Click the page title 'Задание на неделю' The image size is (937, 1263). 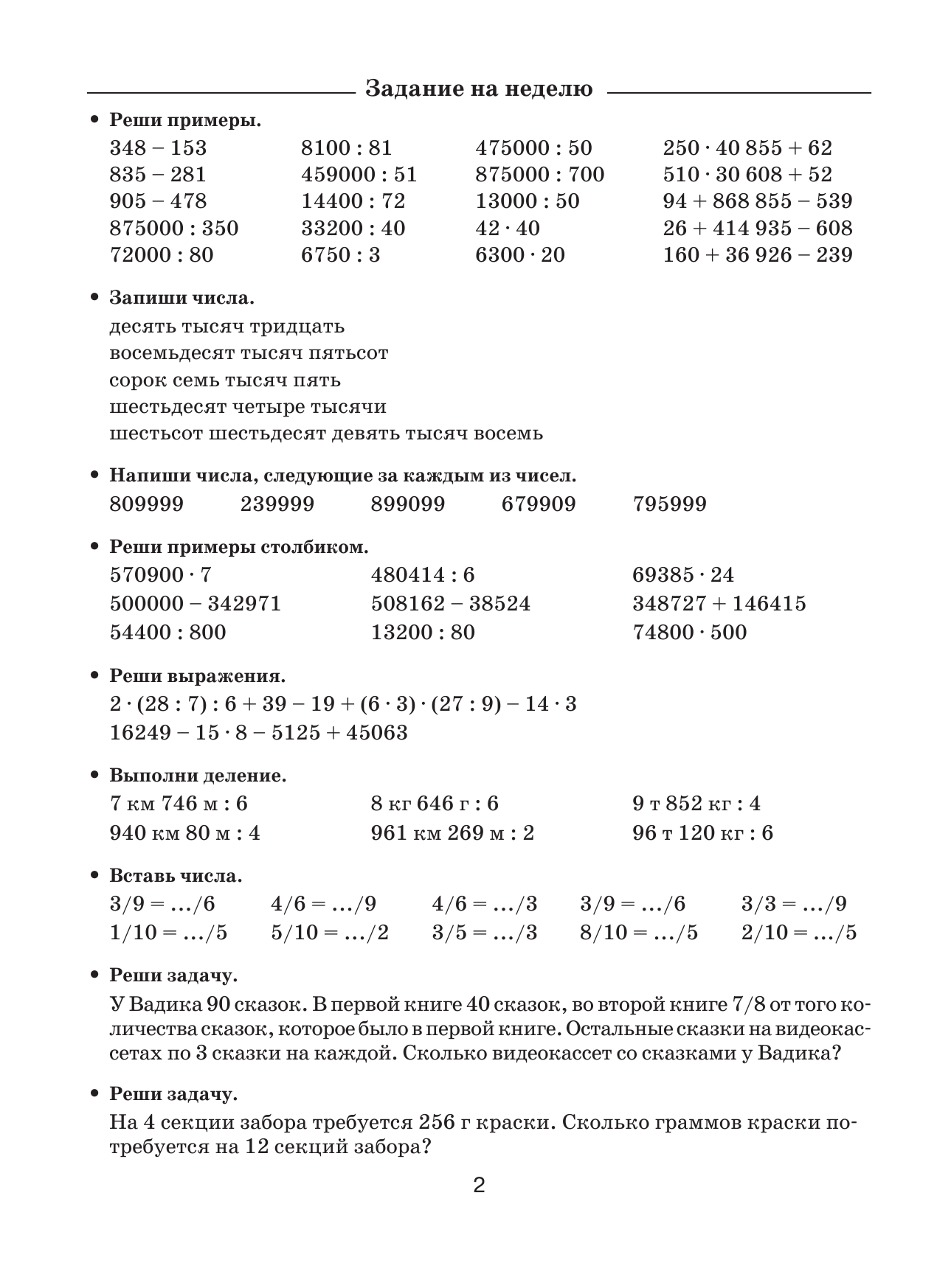[479, 89]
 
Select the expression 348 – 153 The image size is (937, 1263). [158, 148]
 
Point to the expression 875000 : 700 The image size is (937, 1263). [539, 175]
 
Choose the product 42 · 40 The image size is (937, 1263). [508, 229]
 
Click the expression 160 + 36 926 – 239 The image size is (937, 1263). [757, 255]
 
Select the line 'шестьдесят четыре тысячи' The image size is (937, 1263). [248, 407]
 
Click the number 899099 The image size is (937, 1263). [408, 504]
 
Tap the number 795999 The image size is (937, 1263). [669, 504]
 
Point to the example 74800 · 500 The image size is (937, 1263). [689, 633]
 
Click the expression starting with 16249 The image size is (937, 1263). [258, 733]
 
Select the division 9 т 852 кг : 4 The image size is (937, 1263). [696, 804]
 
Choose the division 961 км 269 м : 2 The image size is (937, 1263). [452, 834]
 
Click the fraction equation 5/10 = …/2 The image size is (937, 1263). [330, 933]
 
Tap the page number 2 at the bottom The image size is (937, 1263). [479, 1186]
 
